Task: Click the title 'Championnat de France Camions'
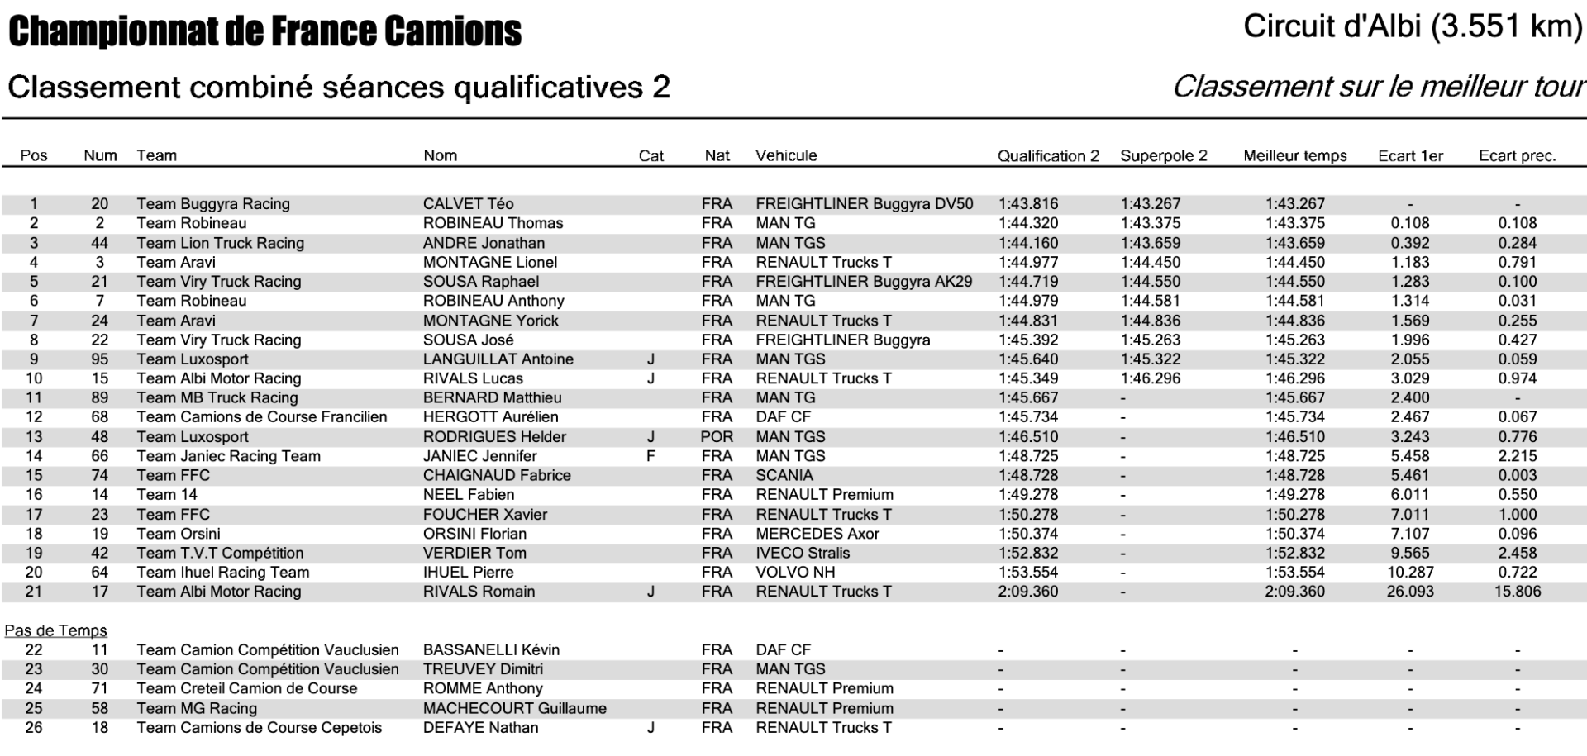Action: (x=264, y=31)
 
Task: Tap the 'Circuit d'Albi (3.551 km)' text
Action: (x=1412, y=26)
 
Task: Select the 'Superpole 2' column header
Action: (x=1163, y=155)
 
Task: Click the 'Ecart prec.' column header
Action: (x=1517, y=155)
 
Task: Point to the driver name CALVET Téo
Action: (x=468, y=204)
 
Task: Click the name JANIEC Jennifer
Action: (x=479, y=456)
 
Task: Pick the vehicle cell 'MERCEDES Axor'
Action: (x=817, y=534)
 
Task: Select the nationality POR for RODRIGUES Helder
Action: (x=717, y=437)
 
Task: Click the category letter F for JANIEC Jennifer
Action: (x=651, y=456)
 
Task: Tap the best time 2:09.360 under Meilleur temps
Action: (x=1294, y=592)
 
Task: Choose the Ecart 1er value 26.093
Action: (x=1410, y=592)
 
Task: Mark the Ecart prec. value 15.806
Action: (x=1517, y=592)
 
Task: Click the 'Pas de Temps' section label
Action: (x=55, y=630)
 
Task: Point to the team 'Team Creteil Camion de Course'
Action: (x=246, y=689)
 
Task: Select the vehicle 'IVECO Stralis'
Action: (x=802, y=554)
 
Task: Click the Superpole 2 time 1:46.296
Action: (x=1151, y=379)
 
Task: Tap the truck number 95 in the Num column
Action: (x=100, y=359)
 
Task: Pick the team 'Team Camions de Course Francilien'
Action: (x=261, y=417)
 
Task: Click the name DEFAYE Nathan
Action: (x=480, y=728)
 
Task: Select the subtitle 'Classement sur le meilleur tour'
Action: (x=1377, y=87)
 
